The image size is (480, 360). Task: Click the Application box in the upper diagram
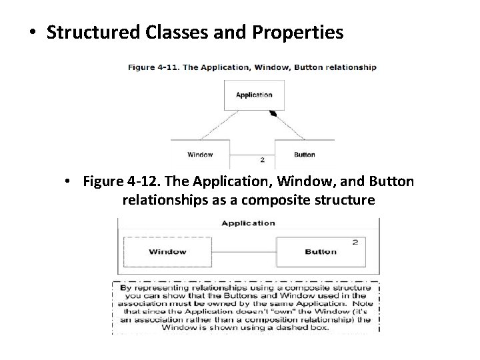pyautogui.click(x=254, y=95)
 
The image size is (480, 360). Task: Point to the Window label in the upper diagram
pyautogui.click(x=200, y=155)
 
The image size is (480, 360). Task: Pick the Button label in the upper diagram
pyautogui.click(x=305, y=155)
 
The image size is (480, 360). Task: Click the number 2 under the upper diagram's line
pyautogui.click(x=262, y=160)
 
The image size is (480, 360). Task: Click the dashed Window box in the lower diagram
pyautogui.click(x=167, y=252)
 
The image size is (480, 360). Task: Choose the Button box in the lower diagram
pyautogui.click(x=321, y=252)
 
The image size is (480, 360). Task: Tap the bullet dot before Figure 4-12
pyautogui.click(x=69, y=182)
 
